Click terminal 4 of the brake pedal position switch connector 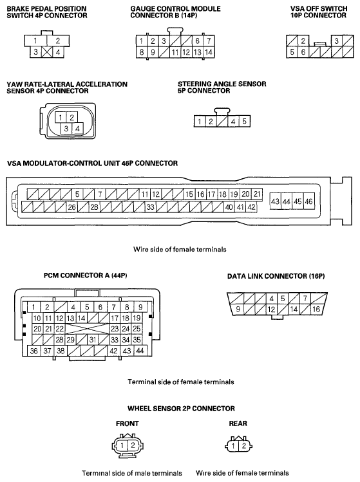tap(58, 52)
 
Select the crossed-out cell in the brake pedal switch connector tap(47, 52)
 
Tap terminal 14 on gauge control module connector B tap(209, 52)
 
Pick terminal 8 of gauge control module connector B tap(142, 52)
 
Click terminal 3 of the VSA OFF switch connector tap(337, 41)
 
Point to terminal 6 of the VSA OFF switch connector tap(303, 52)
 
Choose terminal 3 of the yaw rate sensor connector tap(66, 129)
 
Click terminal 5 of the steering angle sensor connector tap(244, 121)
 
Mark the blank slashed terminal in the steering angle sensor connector tap(222, 121)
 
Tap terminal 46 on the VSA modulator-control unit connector tap(308, 201)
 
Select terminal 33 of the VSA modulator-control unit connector tap(150, 207)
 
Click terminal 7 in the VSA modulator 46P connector tap(100, 194)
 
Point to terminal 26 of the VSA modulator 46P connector tap(71, 207)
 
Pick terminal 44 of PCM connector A tap(140, 351)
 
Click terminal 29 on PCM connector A tap(70, 340)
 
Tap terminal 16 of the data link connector tap(316, 309)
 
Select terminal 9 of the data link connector tap(238, 309)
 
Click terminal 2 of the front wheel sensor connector tap(133, 445)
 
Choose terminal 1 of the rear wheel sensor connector tap(233, 446)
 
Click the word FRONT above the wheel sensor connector tap(127, 423)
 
